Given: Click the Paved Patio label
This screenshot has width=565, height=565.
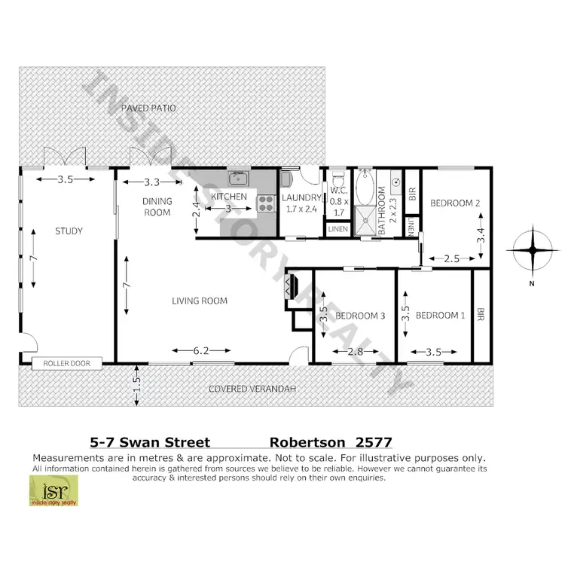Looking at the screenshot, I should click(151, 108).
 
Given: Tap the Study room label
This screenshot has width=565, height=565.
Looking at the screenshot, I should click(69, 231).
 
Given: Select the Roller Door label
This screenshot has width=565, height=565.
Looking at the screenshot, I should click(66, 363).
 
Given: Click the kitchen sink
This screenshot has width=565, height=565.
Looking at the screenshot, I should click(240, 179).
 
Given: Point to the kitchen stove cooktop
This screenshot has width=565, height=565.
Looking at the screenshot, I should click(266, 202).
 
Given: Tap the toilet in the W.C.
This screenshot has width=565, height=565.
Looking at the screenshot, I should click(338, 179).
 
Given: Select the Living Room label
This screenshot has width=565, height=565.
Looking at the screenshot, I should click(200, 301).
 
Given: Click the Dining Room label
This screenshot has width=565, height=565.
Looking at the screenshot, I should click(157, 206).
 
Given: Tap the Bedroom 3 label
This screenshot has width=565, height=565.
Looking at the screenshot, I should click(360, 316).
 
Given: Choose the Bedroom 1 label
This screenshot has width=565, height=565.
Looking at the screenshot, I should click(440, 316).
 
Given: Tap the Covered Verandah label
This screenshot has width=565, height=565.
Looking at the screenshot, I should click(252, 389).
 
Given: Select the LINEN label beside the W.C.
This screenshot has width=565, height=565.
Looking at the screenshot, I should click(337, 228).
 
